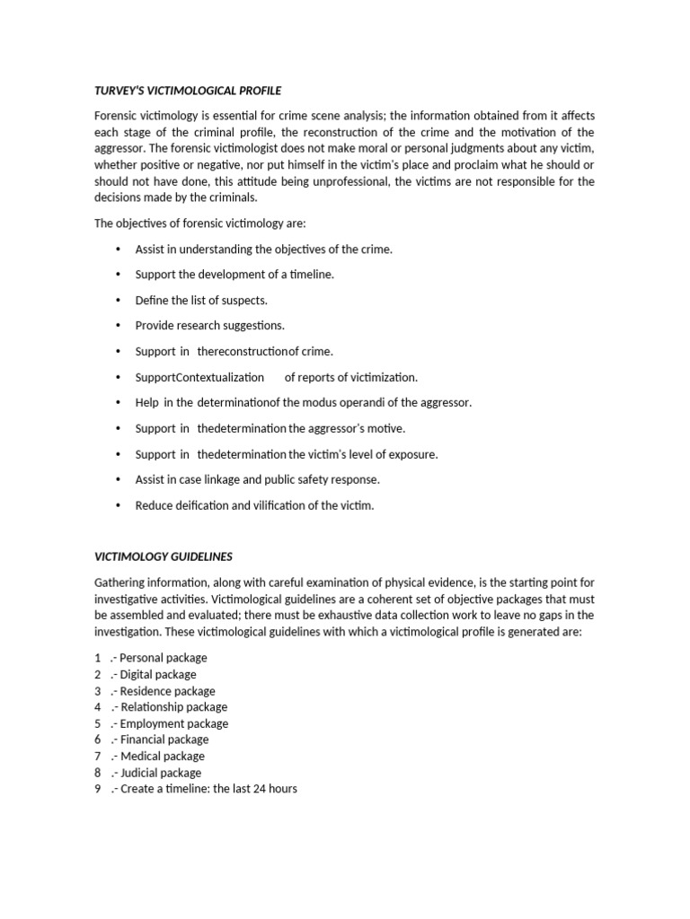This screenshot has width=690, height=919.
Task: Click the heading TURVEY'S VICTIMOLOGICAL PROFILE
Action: [188, 91]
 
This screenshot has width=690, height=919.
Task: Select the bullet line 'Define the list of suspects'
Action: [201, 300]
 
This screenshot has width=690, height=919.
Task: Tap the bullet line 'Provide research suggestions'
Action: [209, 325]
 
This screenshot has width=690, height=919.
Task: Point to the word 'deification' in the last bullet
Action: [198, 505]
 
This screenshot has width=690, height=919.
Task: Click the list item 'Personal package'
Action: [169, 658]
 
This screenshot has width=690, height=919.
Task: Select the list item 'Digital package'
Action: [164, 674]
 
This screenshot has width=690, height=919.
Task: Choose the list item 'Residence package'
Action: [173, 691]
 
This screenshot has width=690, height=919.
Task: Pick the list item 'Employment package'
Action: [180, 723]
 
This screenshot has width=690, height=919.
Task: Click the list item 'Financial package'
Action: [170, 740]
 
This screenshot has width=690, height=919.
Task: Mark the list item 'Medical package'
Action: [168, 756]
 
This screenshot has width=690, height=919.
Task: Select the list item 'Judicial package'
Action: [167, 773]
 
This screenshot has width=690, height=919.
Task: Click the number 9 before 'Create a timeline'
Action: [97, 789]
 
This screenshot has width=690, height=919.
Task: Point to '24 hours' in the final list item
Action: [276, 789]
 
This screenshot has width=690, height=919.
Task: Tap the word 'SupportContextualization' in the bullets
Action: [199, 377]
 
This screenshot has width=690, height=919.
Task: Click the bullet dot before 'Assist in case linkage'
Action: [119, 479]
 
